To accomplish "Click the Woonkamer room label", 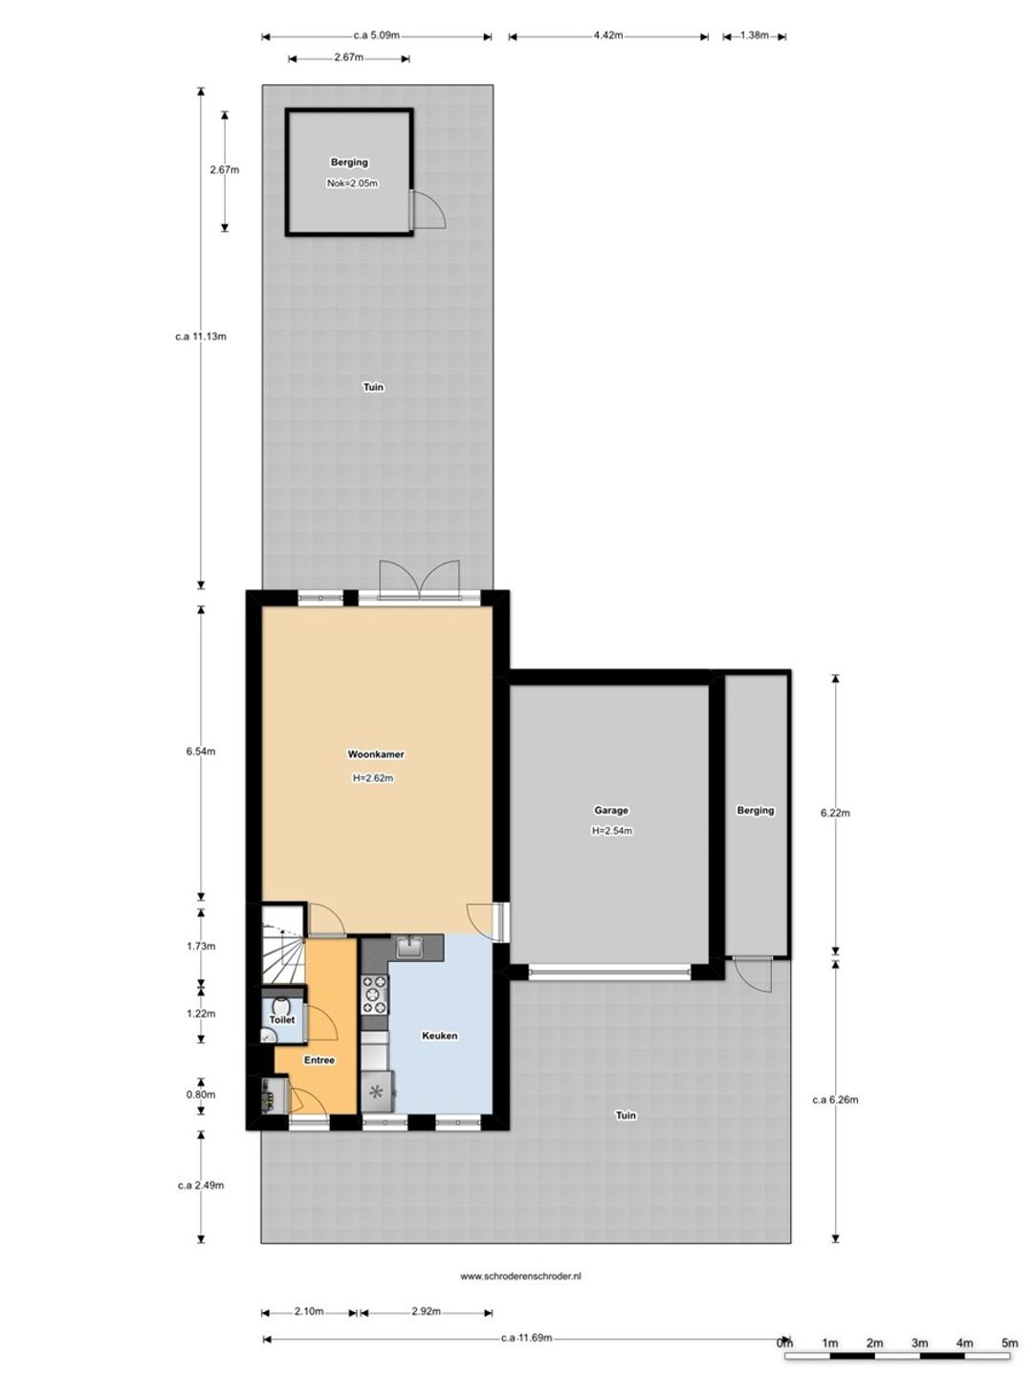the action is coord(376,754).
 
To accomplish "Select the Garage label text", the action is coord(611,810).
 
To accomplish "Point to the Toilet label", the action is coord(281,1020).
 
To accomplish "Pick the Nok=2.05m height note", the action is coord(352,184).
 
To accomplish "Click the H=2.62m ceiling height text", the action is coord(373,777).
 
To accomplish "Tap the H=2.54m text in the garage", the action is coord(611,831).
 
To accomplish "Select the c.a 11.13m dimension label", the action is coord(201,337).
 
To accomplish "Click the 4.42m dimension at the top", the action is coord(607,35).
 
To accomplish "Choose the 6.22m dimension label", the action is coord(835,813).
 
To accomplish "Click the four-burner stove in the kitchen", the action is coord(374,994).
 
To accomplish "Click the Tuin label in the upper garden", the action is coord(373,387).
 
